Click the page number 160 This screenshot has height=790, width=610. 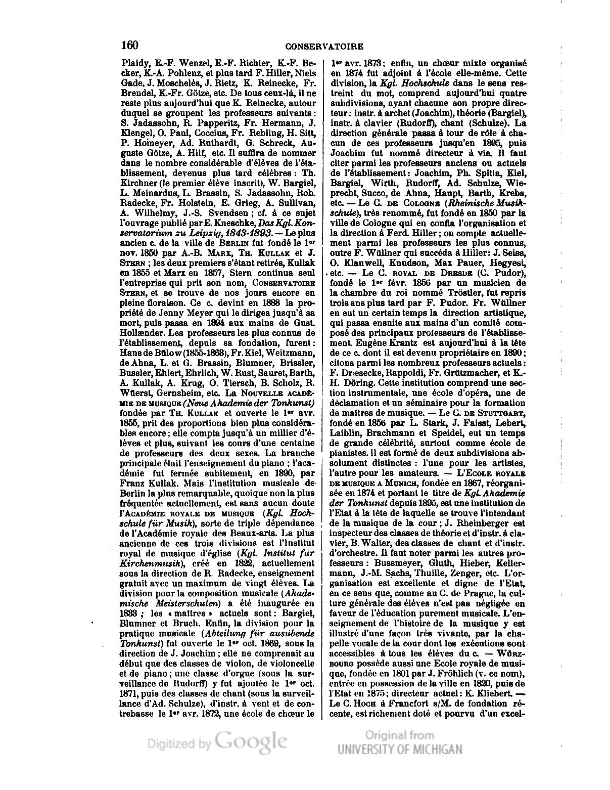[130, 45]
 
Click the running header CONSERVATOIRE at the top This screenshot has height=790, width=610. [324, 47]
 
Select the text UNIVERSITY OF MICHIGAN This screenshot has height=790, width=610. [400, 749]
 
